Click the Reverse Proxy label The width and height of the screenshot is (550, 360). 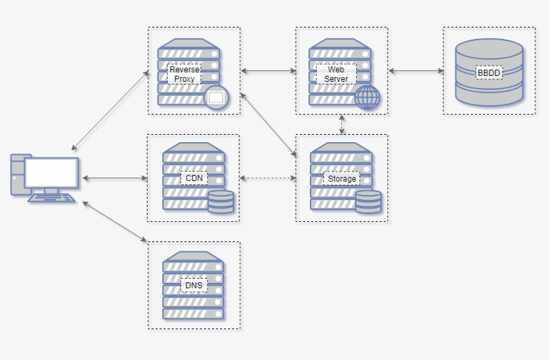tap(184, 74)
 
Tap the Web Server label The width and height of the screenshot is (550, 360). tap(336, 74)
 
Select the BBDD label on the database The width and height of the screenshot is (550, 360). tap(489, 72)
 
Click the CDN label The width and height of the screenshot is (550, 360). tap(193, 178)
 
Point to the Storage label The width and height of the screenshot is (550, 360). tap(341, 179)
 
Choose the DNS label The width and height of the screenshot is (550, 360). tap(193, 286)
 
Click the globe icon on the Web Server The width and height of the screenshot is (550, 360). tap(367, 97)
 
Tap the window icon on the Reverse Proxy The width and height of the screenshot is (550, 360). tap(216, 98)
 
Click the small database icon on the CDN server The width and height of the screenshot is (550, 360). tap(221, 202)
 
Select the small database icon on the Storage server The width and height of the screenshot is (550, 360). tap(368, 202)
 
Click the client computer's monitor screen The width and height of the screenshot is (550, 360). tap(51, 173)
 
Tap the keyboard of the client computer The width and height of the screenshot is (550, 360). tap(52, 198)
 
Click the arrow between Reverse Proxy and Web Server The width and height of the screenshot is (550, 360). tap(268, 70)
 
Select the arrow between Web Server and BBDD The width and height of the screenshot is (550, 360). tap(416, 70)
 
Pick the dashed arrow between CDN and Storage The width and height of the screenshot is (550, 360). tap(268, 178)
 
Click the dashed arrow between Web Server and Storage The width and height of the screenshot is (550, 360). tap(342, 125)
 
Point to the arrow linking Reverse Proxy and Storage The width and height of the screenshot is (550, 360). tap(268, 125)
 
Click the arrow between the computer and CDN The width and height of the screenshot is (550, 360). tap(114, 178)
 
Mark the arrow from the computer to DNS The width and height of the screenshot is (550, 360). tap(114, 221)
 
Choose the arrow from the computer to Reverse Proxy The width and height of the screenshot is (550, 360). tap(110, 109)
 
